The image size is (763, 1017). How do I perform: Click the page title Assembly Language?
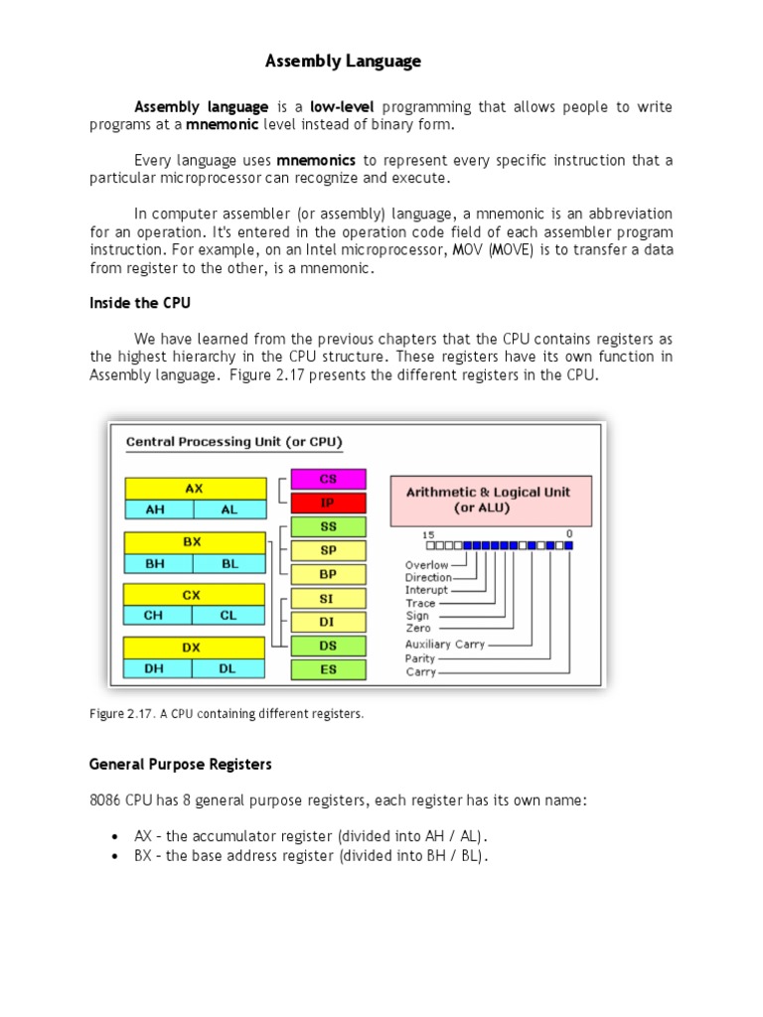click(343, 62)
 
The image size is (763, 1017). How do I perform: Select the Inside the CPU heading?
click(138, 303)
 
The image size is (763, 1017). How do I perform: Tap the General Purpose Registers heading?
click(180, 765)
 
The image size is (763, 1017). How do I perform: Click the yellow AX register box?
click(195, 488)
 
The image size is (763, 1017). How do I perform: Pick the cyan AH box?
click(157, 508)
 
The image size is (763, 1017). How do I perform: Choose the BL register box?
click(229, 563)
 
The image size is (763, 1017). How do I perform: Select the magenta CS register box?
click(328, 479)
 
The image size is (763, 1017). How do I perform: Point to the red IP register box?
click(328, 503)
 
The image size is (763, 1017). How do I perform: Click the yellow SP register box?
click(328, 550)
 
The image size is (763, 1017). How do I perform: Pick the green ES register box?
click(328, 669)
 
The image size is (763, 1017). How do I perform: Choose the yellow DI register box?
click(328, 622)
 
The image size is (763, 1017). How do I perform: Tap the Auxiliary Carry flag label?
click(445, 645)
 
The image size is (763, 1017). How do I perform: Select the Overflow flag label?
click(426, 565)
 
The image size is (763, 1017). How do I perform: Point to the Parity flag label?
click(419, 658)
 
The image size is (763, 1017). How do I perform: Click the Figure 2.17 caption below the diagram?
click(227, 714)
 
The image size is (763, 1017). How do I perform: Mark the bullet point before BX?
click(117, 856)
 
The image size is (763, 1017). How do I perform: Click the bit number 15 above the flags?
click(429, 534)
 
